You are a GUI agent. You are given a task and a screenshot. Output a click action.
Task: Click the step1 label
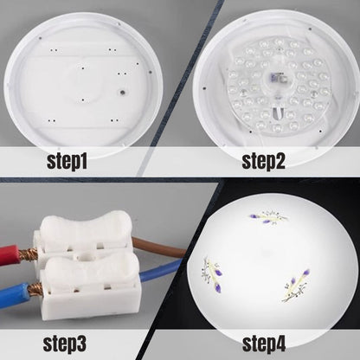coord(67,162)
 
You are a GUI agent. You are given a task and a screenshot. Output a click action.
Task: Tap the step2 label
coord(263,162)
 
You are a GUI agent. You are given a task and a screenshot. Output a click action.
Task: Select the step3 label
coord(65,344)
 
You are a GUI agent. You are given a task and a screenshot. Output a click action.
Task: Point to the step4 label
coord(264,344)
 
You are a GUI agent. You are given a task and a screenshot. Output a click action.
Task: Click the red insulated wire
coord(9,254)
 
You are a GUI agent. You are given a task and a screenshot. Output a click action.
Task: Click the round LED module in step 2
coord(278,85)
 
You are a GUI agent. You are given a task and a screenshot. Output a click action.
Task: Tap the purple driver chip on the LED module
coord(273,78)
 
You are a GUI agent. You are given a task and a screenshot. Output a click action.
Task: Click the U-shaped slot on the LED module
coord(279,113)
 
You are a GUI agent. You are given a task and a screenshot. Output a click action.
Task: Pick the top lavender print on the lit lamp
coord(269,217)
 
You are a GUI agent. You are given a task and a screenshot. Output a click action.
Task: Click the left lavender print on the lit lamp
coord(211,273)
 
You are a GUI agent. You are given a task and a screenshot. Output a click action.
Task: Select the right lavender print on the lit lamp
coord(296,286)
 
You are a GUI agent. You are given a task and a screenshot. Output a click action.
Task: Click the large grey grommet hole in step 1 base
coord(122,93)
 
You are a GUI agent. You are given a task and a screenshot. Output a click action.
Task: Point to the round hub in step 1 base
coord(83,84)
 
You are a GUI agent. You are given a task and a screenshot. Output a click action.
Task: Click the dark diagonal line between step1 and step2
coord(181,88)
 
